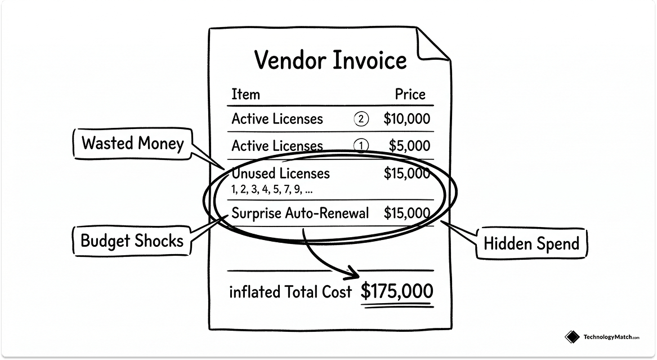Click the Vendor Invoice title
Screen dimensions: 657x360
[330, 60]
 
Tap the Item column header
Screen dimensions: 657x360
[245, 94]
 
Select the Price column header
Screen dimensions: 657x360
[410, 94]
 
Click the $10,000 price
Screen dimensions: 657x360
[406, 119]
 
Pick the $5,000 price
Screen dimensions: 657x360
[409, 145]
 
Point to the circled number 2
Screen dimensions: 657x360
[361, 119]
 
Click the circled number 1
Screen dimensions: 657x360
[361, 146]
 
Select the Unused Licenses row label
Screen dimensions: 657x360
[281, 173]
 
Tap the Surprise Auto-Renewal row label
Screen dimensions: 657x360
[300, 213]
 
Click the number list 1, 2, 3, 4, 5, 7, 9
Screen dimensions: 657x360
[272, 190]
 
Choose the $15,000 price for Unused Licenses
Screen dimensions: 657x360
[406, 173]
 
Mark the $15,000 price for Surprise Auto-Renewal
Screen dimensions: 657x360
[406, 213]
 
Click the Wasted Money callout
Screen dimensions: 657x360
[133, 143]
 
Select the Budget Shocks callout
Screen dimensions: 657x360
[132, 241]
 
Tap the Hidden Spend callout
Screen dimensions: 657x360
[531, 243]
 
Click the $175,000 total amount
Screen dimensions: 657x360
[397, 291]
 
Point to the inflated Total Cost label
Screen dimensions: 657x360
[290, 292]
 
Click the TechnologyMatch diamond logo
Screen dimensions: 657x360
[572, 337]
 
